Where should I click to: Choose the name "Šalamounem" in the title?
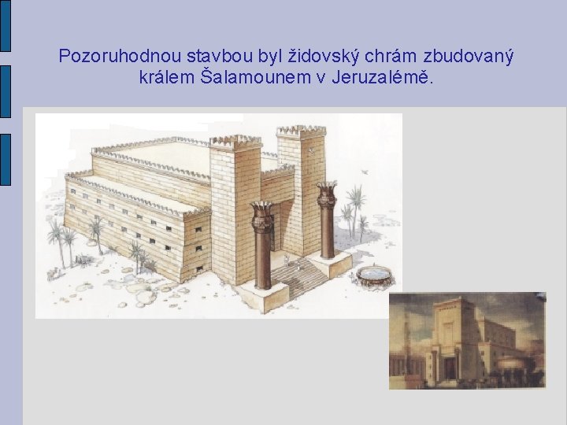coord(245,79)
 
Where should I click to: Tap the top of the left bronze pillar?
coord(262,209)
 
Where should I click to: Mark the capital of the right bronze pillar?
coord(327,193)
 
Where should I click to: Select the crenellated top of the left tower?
coord(235,142)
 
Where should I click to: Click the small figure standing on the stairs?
coord(288,261)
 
